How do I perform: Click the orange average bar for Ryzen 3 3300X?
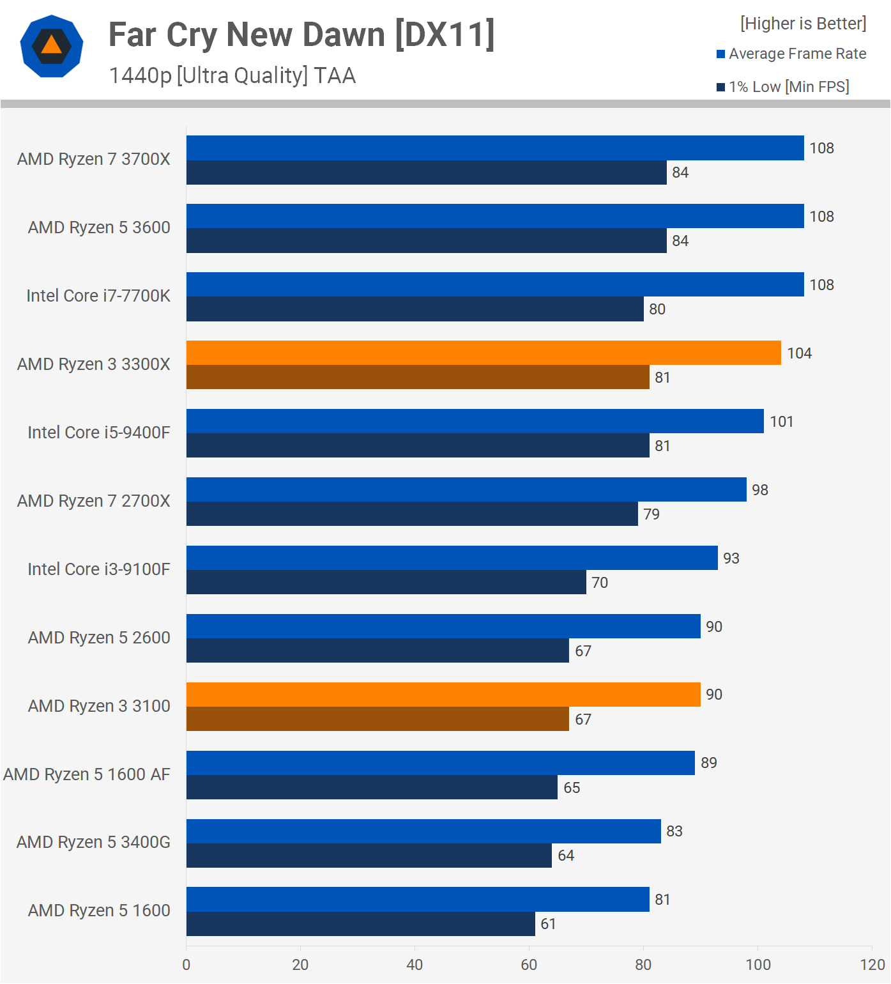[x=484, y=353]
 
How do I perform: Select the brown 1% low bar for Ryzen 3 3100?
[x=377, y=719]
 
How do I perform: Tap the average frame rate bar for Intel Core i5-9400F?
[x=475, y=421]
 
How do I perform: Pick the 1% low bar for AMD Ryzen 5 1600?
[x=360, y=924]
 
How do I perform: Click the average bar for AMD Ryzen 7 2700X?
[x=466, y=489]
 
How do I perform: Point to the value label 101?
[x=781, y=422]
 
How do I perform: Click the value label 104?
[x=799, y=353]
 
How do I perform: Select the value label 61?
[x=548, y=924]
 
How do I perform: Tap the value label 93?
[x=731, y=558]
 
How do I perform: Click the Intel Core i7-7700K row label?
[x=98, y=296]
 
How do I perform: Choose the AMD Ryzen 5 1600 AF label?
[x=87, y=774]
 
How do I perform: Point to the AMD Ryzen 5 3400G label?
[x=93, y=842]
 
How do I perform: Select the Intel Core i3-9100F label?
[x=99, y=569]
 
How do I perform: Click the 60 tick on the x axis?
[x=529, y=965]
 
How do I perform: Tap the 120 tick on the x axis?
[x=872, y=965]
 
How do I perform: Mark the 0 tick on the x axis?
[x=187, y=965]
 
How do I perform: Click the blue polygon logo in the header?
[x=52, y=46]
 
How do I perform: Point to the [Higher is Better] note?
[x=803, y=24]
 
